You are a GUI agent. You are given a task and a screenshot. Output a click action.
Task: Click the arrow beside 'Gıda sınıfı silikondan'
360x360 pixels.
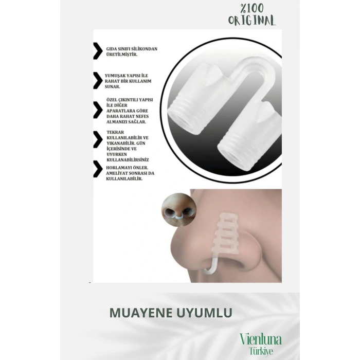click(x=97, y=51)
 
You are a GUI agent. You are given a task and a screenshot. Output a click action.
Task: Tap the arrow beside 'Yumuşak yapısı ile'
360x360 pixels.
click(x=97, y=81)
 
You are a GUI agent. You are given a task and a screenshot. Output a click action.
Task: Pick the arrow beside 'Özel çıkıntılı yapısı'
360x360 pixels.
click(x=97, y=110)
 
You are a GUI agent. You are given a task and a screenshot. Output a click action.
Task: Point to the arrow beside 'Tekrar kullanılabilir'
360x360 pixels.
click(x=97, y=139)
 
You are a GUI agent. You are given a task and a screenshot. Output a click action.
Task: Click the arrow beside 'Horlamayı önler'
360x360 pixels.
click(x=97, y=169)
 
